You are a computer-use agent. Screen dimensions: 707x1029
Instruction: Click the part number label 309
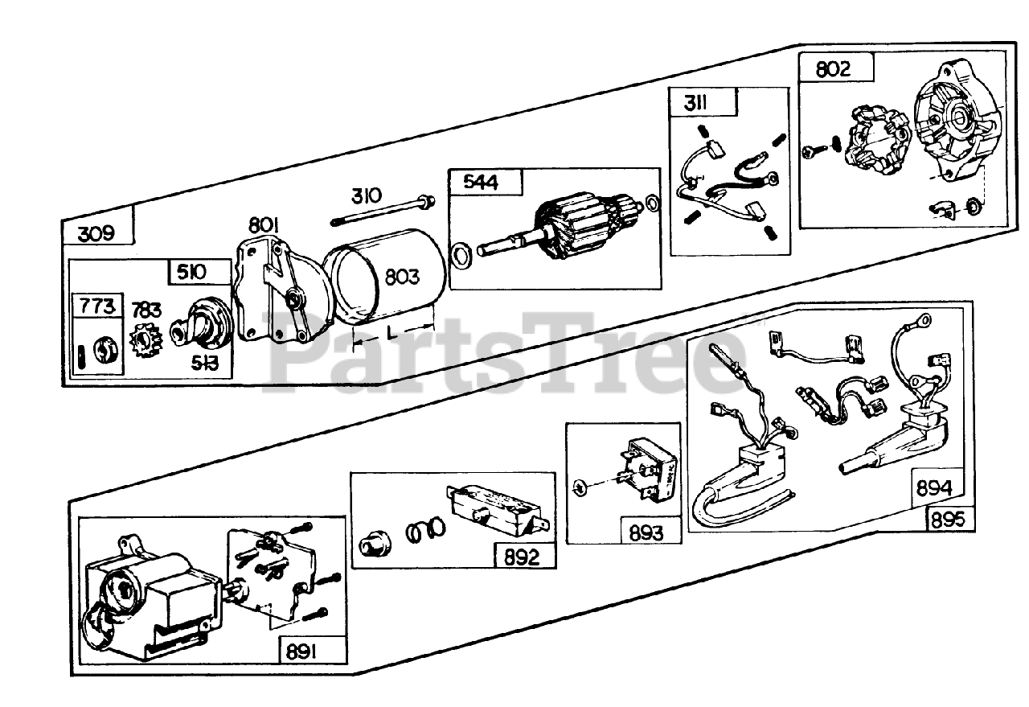97,234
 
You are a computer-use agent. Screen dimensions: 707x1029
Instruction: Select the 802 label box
833,69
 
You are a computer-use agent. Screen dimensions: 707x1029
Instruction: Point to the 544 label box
480,183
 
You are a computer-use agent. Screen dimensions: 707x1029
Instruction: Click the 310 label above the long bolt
366,196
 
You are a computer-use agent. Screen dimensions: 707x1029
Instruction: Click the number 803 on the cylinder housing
402,277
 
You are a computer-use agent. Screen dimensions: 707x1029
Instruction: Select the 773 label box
96,306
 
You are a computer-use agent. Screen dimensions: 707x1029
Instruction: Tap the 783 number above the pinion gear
146,310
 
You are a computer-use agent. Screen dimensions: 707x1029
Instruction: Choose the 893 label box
646,532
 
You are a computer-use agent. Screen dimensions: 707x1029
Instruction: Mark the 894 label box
934,488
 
